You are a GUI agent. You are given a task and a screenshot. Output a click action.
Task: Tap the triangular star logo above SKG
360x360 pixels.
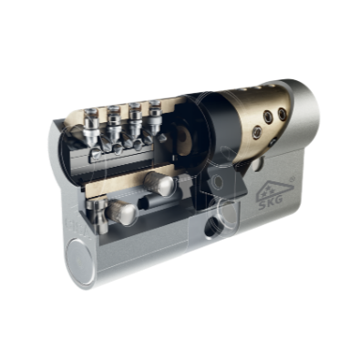pyautogui.click(x=274, y=190)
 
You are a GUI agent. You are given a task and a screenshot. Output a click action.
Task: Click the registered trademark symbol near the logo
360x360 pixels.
pyautogui.click(x=292, y=180)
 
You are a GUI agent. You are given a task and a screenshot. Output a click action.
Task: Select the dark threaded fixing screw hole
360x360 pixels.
pyautogui.click(x=211, y=227)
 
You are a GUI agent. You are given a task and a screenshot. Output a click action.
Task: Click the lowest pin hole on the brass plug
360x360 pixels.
pyautogui.click(x=258, y=131)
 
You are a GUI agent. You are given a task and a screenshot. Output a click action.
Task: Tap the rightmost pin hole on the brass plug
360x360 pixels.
pyautogui.click(x=283, y=114)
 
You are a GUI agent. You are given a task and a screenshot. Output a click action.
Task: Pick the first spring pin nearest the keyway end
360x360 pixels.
pyautogui.click(x=92, y=128)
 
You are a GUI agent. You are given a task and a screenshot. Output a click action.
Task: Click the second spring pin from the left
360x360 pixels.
pyautogui.click(x=114, y=126)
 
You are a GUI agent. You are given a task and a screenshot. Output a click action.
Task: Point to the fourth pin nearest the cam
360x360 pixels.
pyautogui.click(x=156, y=119)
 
